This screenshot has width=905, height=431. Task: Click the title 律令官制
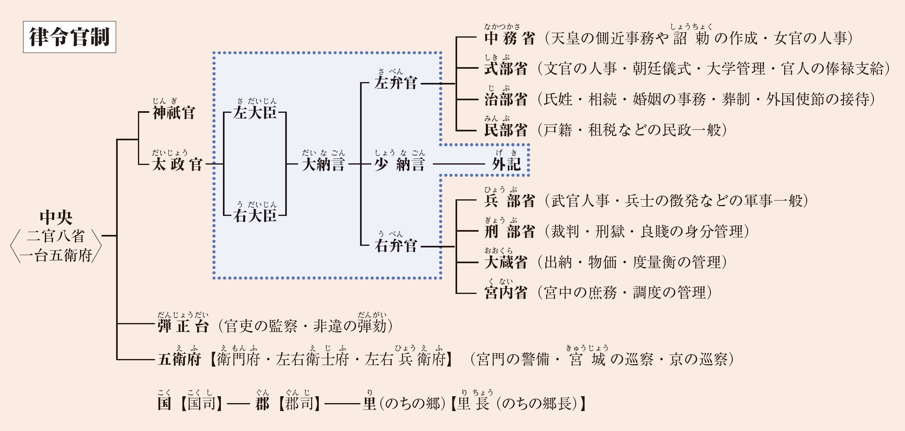[x=69, y=37]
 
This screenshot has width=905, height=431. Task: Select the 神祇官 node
[x=174, y=112]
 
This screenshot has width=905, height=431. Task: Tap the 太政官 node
[x=177, y=164]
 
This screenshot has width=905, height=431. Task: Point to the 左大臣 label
[x=255, y=112]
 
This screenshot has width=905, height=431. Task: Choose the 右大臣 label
[x=255, y=216]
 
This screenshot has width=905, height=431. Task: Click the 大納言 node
[x=323, y=164]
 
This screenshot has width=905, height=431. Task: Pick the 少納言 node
[x=400, y=164]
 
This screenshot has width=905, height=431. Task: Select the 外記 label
[x=507, y=164]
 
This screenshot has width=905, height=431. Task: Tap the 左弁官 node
[x=396, y=83]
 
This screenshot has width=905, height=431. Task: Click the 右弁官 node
[x=396, y=245]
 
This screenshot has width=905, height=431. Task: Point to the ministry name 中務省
[x=510, y=38]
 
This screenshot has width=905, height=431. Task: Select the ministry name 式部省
[x=506, y=69]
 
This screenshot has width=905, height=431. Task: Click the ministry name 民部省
[x=506, y=130]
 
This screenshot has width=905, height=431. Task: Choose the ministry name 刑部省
[x=510, y=231]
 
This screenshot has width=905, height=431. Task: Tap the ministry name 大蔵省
[x=506, y=262]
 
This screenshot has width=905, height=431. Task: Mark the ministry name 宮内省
[x=506, y=293]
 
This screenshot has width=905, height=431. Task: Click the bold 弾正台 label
[x=183, y=326]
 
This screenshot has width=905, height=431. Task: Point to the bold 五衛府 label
[x=179, y=359]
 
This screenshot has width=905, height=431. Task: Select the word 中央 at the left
[x=56, y=218]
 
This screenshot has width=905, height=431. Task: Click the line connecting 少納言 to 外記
[x=459, y=164]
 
